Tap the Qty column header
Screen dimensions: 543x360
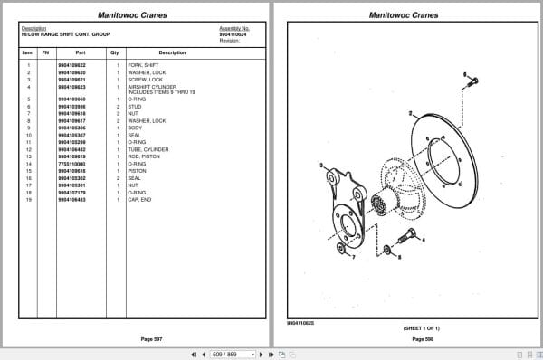[115, 52]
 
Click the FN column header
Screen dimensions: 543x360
[45, 52]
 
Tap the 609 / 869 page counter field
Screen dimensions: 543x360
[224, 354]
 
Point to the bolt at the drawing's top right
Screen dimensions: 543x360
[472, 82]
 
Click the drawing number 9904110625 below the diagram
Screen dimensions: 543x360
[302, 322]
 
